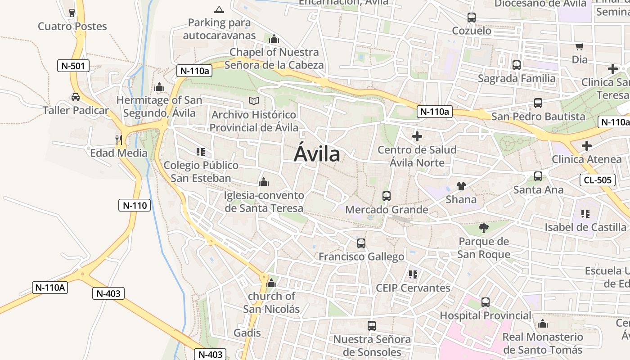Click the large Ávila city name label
317,154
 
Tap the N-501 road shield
73,66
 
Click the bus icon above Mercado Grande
387,196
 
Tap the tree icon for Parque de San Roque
484,228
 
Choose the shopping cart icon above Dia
580,46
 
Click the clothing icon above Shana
461,186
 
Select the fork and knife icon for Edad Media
119,140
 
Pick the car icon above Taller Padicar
76,97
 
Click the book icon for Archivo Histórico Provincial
254,101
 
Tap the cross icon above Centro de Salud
417,136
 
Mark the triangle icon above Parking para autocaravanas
219,9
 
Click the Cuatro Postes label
72,26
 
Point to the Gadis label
247,333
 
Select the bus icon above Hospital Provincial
485,302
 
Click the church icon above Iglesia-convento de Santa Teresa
264,182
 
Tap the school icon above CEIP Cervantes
413,274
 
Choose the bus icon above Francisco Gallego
361,243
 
